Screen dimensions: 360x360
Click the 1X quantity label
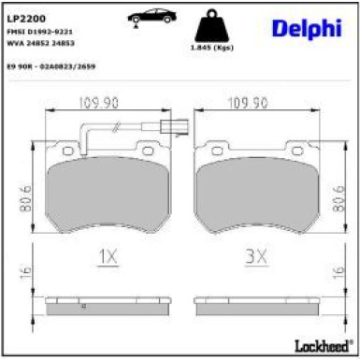tap(107, 253)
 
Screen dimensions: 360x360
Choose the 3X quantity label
tap(254, 253)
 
